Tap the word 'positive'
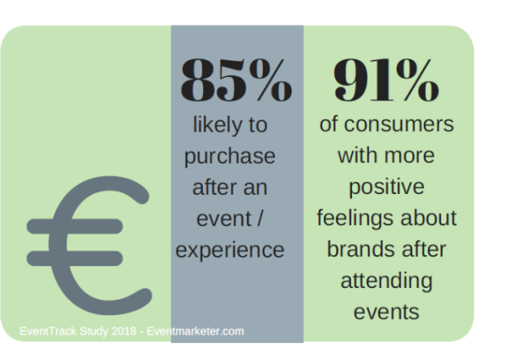(x=386, y=187)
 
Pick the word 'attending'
(x=386, y=281)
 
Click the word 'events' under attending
(x=386, y=312)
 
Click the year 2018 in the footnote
(x=119, y=331)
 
